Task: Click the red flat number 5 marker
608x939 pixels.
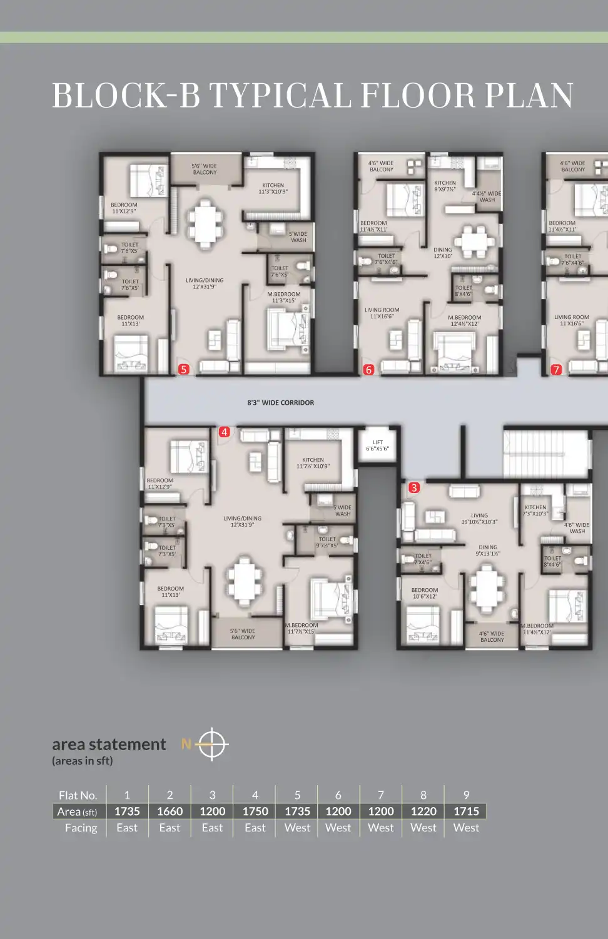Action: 183,369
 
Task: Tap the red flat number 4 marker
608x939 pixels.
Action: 225,432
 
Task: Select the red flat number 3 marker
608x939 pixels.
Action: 414,487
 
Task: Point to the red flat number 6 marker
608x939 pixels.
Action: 368,370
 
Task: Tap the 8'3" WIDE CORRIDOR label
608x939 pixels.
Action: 281,403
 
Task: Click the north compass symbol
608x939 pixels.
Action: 213,744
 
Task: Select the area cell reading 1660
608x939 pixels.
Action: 170,811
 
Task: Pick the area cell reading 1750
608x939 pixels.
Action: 255,811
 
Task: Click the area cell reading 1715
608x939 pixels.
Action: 466,811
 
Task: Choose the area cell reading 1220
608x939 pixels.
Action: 423,811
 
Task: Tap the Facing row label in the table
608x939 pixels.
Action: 81,828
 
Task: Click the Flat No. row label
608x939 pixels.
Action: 78,795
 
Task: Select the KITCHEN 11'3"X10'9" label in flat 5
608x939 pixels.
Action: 273,188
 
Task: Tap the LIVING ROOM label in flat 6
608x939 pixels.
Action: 382,313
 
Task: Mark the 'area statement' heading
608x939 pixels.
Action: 109,744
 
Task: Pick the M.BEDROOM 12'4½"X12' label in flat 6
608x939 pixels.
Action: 465,320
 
